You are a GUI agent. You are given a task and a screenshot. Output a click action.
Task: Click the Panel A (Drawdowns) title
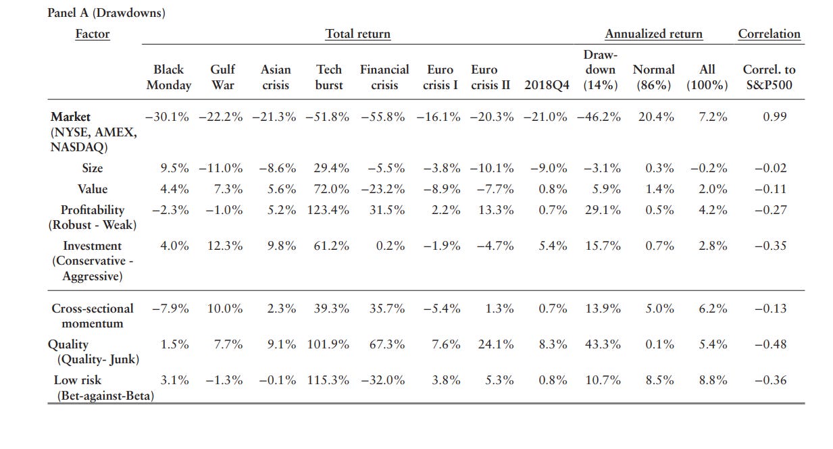(x=106, y=13)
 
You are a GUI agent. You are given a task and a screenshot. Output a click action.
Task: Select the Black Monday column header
(x=168, y=77)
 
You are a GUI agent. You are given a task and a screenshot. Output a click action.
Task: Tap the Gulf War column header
(x=223, y=77)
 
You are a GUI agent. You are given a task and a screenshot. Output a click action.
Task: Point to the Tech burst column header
(x=329, y=77)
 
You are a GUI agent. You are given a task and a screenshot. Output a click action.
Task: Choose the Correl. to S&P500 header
(x=769, y=77)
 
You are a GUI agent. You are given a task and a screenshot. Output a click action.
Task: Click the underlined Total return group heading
(x=357, y=34)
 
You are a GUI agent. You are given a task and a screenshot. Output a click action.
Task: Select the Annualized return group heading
(x=653, y=34)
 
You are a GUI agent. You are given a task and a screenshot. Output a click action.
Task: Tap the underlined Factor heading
(x=92, y=34)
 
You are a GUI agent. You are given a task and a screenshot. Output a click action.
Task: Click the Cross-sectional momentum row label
(x=93, y=315)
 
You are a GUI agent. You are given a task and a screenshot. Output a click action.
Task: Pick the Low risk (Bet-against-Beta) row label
(x=101, y=388)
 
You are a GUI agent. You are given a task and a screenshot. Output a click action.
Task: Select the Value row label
(x=93, y=189)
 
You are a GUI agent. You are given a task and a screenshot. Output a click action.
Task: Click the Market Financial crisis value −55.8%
(x=383, y=117)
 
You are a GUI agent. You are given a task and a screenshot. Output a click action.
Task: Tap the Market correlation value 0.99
(x=775, y=117)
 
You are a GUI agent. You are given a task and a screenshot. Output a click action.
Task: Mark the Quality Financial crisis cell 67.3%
(x=387, y=344)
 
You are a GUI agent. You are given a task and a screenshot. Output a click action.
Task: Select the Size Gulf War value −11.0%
(x=221, y=168)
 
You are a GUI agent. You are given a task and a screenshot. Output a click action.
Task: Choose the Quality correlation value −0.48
(x=770, y=344)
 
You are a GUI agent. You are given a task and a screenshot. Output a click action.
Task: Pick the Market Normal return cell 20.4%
(x=656, y=117)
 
